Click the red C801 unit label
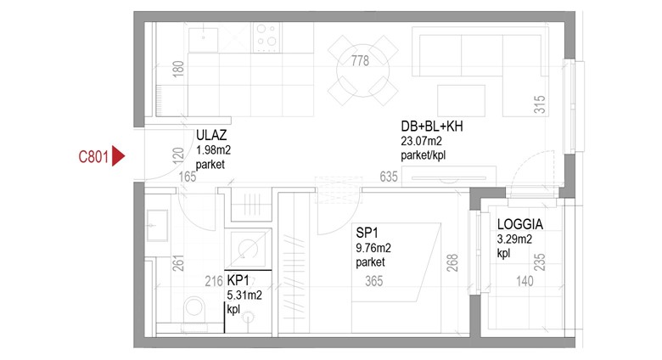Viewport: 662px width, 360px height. point(93,157)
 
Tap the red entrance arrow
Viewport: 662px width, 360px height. point(119,156)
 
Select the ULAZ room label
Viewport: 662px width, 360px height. point(211,135)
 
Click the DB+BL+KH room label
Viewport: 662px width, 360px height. point(431,126)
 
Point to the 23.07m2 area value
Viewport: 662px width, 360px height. point(421,141)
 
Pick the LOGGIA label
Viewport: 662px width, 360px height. point(519,224)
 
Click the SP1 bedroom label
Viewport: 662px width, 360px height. point(367,233)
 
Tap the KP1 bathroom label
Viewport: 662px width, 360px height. point(238,280)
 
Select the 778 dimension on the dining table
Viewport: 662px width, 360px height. point(360,61)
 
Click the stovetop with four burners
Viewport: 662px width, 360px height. point(266,37)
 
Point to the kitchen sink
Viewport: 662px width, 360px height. point(203,40)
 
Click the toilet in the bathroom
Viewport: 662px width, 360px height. point(194,311)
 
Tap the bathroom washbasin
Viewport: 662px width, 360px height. point(157,226)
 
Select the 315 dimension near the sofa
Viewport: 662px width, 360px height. point(540,104)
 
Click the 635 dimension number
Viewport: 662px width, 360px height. point(389,177)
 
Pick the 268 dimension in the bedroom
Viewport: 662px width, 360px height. point(452,262)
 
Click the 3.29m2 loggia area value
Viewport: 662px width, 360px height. point(514,239)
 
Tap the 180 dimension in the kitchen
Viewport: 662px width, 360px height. point(178,69)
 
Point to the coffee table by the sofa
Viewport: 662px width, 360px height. point(461,100)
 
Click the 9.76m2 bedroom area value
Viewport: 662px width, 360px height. point(373,248)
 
